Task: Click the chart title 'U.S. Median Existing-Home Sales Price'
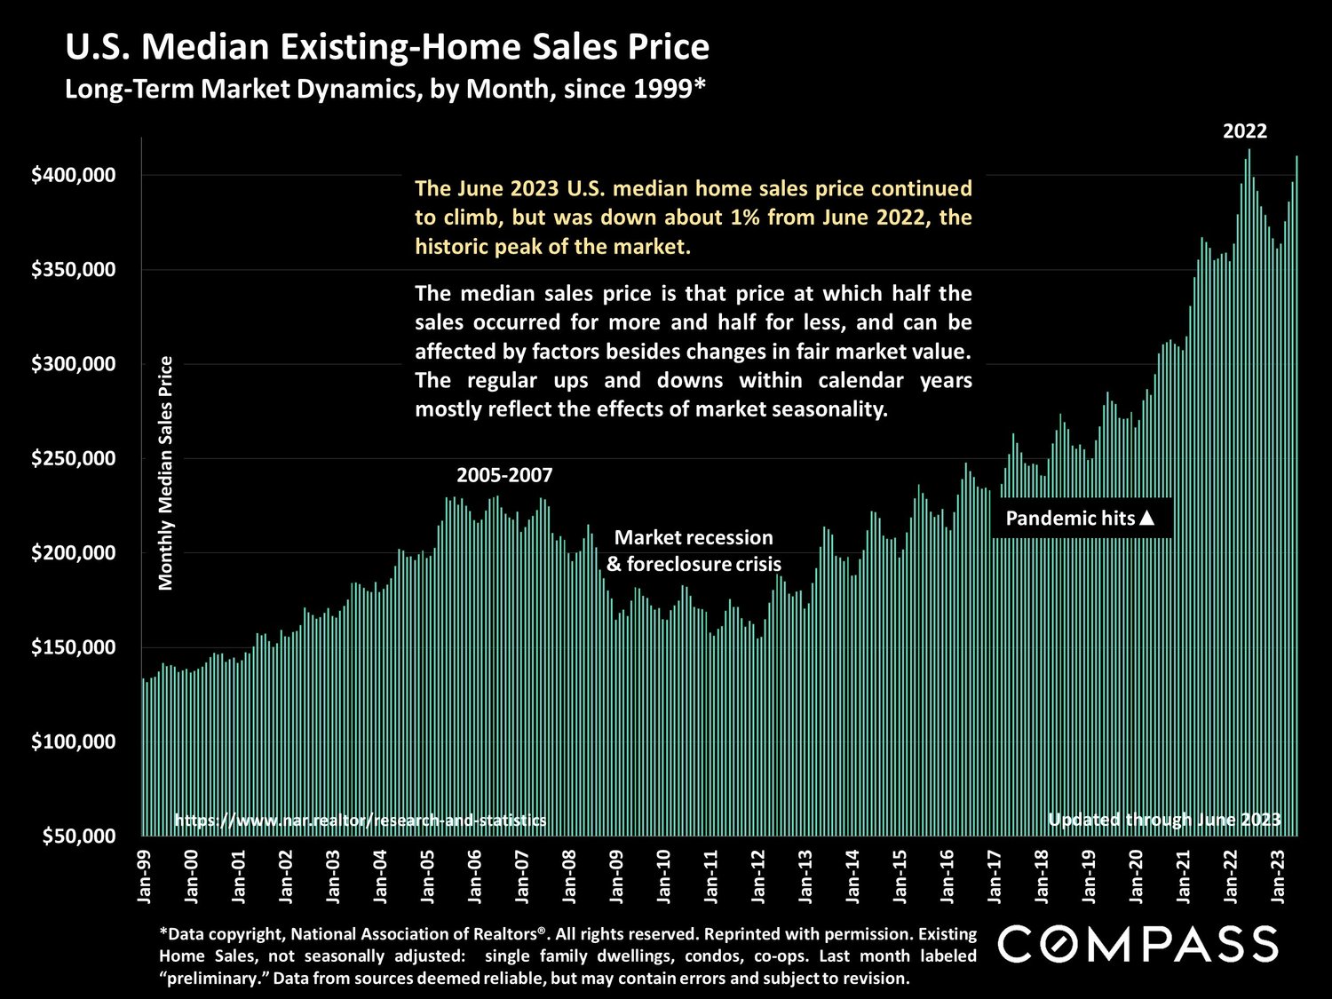coord(387,47)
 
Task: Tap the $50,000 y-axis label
coord(77,836)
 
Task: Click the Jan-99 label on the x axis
coord(145,876)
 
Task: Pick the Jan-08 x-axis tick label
coord(569,876)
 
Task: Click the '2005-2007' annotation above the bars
coord(504,475)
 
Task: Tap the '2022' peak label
coord(1245,131)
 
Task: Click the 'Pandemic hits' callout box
coord(1080,518)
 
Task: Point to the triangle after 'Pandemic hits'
coord(1146,518)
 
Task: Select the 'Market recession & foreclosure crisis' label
coord(694,551)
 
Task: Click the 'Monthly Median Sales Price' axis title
coord(166,472)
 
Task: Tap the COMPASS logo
coord(1138,944)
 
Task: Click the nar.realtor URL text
coord(360,821)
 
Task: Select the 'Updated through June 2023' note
coord(1164,820)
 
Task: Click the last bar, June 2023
coord(1296,497)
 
